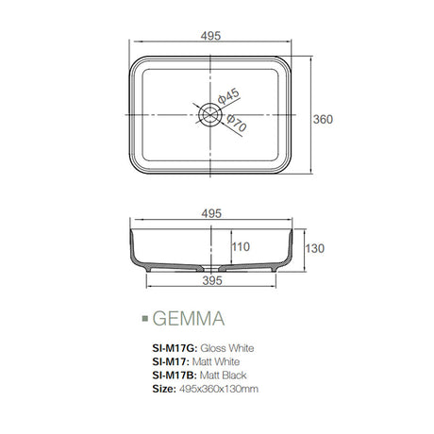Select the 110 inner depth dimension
click(x=242, y=247)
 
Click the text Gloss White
click(x=229, y=347)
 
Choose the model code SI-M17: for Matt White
click(x=170, y=360)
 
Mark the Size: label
click(x=163, y=388)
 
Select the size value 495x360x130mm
click(x=221, y=388)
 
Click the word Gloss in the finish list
click(x=215, y=347)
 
